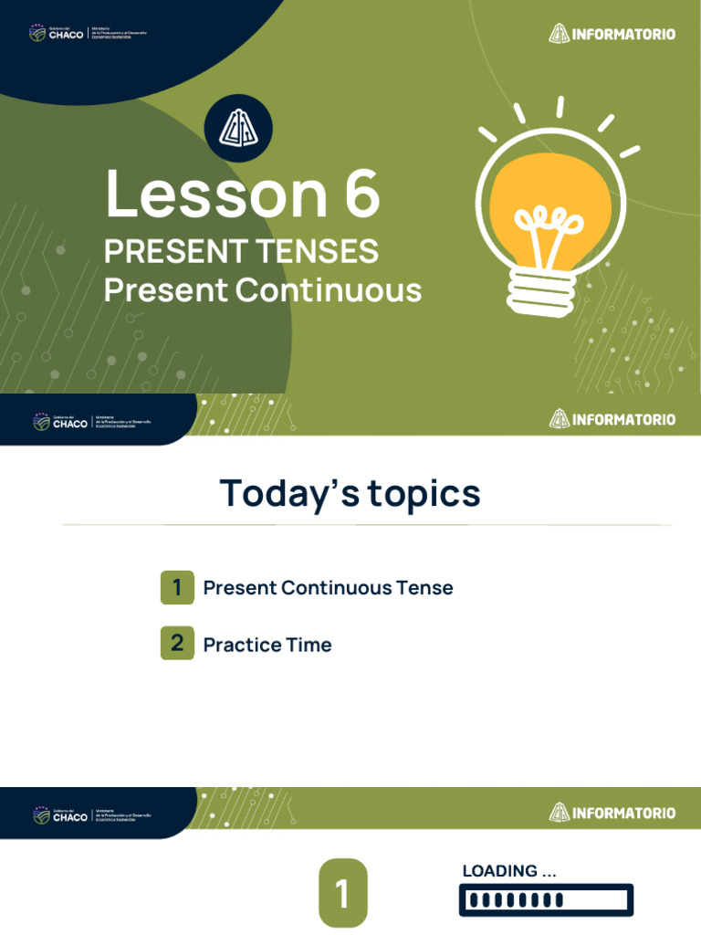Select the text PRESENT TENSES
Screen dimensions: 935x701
[241, 251]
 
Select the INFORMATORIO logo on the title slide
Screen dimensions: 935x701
[612, 34]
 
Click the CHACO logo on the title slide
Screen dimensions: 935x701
[57, 34]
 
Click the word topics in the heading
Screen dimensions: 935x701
[424, 494]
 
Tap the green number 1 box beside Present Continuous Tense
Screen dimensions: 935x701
[177, 587]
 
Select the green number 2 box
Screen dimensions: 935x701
[177, 644]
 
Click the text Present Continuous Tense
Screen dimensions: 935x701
[328, 588]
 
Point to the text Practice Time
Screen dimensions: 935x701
[267, 645]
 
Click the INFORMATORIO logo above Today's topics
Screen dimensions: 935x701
[612, 419]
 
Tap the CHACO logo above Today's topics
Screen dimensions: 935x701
[60, 422]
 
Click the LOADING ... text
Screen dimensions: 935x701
[509, 871]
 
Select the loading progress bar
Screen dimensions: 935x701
[546, 900]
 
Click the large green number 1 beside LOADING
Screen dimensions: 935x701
[342, 894]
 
